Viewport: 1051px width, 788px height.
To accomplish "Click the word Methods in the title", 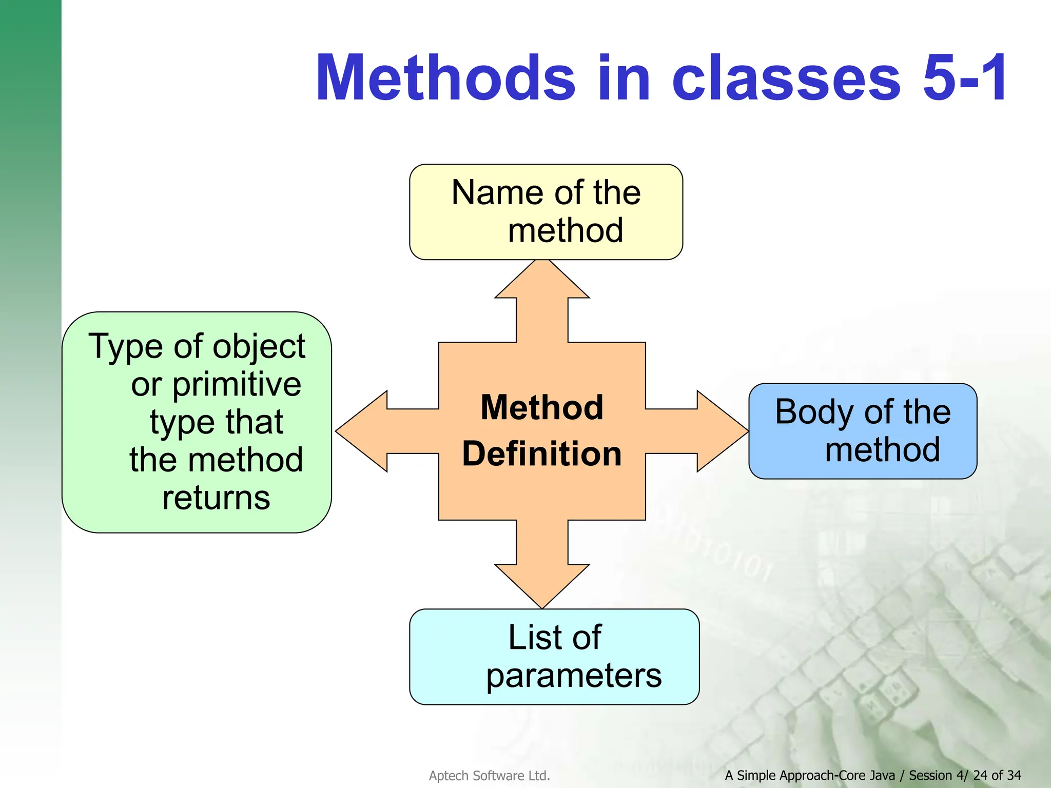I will click(x=445, y=78).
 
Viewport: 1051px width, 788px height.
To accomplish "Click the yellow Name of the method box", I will click(x=546, y=211).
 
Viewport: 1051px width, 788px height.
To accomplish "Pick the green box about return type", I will click(x=197, y=422).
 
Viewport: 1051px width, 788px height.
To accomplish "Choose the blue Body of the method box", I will click(x=862, y=431).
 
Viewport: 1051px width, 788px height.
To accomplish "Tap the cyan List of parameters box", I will click(x=554, y=657).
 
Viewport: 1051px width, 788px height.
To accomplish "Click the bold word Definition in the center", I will click(x=542, y=454).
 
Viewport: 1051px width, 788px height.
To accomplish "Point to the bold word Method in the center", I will click(x=542, y=407).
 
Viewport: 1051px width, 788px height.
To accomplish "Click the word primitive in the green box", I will click(x=237, y=385).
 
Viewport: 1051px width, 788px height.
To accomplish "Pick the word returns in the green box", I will click(x=216, y=498).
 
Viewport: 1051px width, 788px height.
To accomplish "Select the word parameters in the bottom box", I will click(x=574, y=676).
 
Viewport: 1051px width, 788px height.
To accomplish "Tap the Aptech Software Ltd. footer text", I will click(x=489, y=776).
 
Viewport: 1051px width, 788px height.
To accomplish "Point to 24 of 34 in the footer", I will click(x=997, y=775).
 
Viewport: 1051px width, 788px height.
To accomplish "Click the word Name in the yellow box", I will click(x=491, y=193).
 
